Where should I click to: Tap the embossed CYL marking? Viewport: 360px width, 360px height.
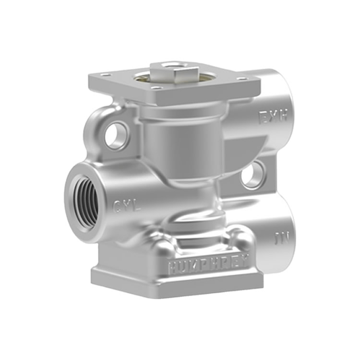(127, 207)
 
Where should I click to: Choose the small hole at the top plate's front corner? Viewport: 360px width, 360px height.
(155, 88)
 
